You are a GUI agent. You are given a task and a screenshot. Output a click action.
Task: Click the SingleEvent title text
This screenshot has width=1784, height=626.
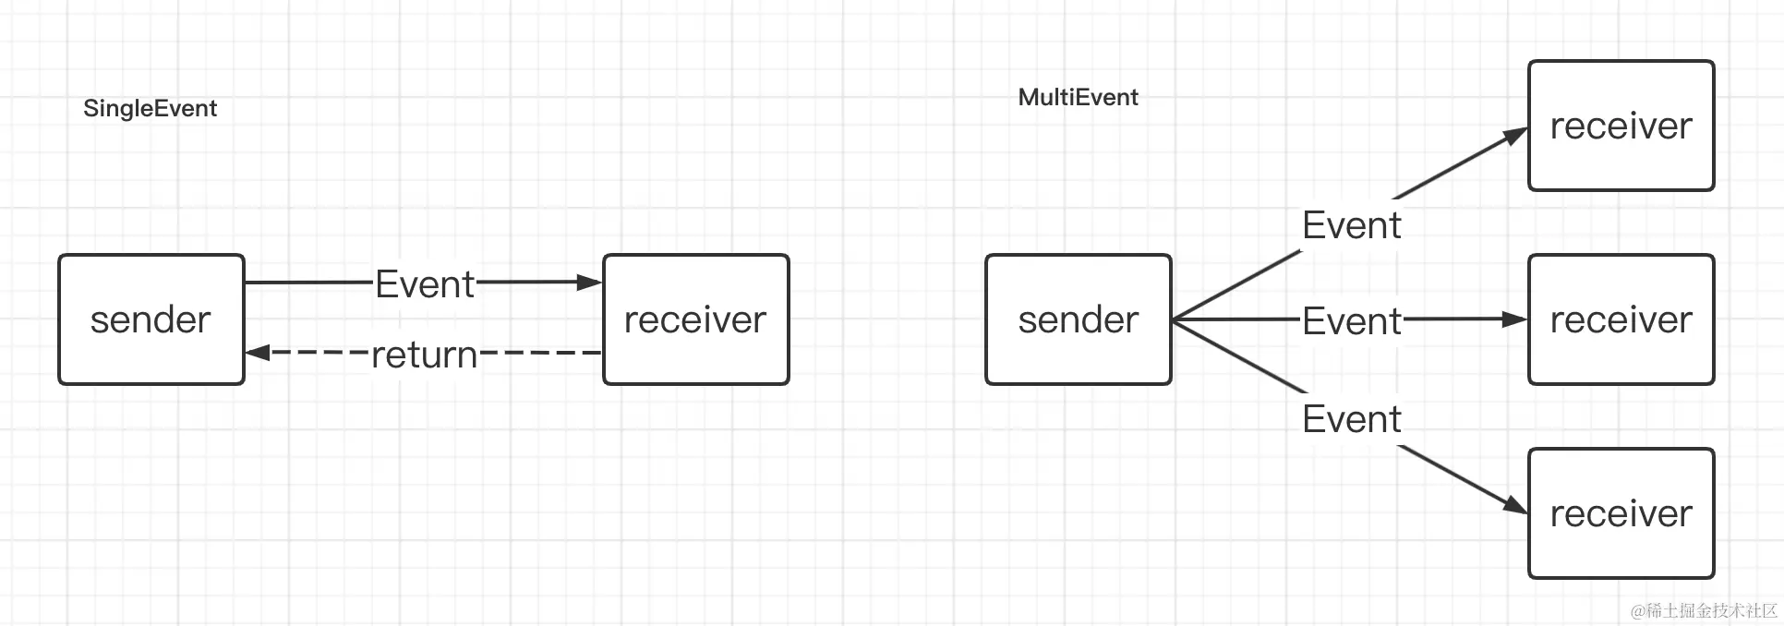tap(150, 109)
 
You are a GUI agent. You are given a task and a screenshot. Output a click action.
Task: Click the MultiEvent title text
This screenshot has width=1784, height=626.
tap(1078, 97)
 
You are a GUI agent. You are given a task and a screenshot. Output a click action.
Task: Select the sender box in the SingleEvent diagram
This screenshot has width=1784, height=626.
tap(151, 319)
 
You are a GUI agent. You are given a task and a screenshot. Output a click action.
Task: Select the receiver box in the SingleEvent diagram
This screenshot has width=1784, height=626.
tap(696, 319)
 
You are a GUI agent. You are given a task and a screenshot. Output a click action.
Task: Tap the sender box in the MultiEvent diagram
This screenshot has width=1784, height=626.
tap(1079, 319)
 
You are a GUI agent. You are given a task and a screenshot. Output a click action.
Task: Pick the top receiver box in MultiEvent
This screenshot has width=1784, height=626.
tap(1621, 126)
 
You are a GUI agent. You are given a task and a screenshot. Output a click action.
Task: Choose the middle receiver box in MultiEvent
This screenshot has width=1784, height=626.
tap(1621, 319)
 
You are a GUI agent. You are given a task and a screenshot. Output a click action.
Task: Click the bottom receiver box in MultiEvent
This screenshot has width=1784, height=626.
tap(1621, 513)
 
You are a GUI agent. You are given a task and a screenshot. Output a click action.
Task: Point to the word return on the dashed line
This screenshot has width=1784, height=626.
tap(425, 355)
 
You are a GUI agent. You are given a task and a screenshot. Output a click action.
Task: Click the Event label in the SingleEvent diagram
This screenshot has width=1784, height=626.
tap(425, 283)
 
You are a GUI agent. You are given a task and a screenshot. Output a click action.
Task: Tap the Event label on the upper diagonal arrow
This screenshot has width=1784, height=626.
tap(1352, 225)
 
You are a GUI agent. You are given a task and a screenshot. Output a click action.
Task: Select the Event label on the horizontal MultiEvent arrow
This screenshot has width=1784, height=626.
tap(1352, 321)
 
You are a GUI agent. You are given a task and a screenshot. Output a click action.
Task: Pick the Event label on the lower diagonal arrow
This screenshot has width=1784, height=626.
tap(1352, 419)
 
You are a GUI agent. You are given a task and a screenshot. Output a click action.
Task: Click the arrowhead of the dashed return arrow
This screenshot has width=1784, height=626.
tap(258, 352)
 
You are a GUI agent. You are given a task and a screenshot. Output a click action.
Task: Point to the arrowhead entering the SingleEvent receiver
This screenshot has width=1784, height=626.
tap(590, 283)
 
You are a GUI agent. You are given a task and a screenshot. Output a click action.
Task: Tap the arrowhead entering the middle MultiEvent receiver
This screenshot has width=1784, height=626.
tap(1515, 319)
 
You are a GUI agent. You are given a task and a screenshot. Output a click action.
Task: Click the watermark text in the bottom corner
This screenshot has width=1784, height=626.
tap(1704, 610)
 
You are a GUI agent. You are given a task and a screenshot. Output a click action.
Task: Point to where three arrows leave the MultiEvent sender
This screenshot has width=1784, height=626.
tap(1174, 319)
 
